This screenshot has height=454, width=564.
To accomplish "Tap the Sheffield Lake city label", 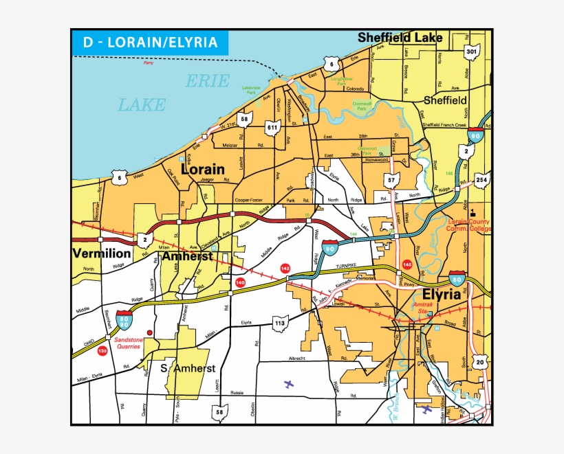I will (x=400, y=38).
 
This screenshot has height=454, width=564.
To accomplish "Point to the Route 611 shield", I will (x=272, y=128).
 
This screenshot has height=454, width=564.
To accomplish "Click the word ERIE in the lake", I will (x=207, y=81).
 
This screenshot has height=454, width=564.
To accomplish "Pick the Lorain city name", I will (x=202, y=168).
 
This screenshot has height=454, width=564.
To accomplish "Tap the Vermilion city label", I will (x=103, y=253).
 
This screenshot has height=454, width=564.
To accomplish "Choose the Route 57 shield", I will (x=392, y=181).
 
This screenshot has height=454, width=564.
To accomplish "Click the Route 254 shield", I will (x=481, y=180).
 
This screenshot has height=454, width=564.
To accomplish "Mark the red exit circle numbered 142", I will (x=285, y=268).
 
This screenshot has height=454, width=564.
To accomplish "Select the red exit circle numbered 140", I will (x=240, y=282).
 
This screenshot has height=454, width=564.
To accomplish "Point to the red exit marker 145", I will (x=407, y=264).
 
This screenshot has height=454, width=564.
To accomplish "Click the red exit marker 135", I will (x=102, y=351).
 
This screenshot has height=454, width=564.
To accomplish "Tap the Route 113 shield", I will (x=279, y=324).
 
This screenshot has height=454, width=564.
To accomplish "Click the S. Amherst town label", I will (x=188, y=368).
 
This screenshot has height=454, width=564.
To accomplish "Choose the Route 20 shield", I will (x=480, y=362).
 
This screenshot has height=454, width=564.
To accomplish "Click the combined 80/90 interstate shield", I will (x=124, y=319).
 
